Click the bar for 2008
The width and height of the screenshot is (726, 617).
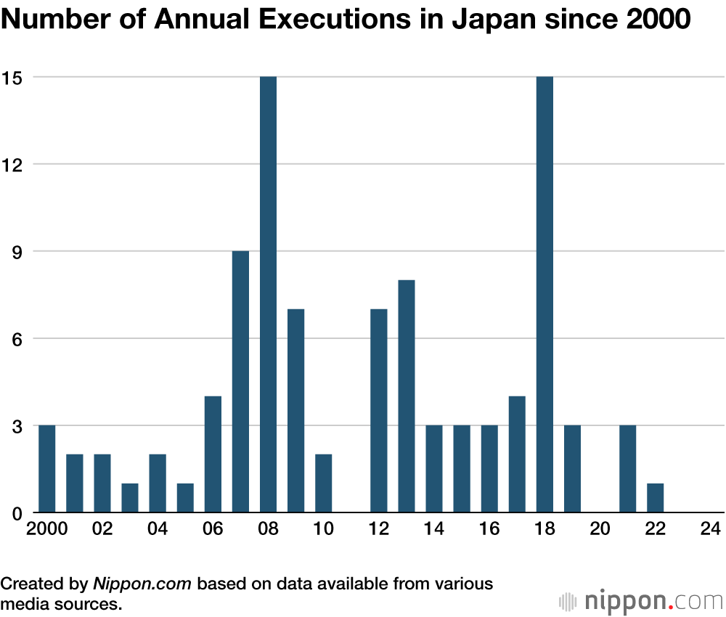click(x=268, y=295)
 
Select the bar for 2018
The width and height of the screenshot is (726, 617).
click(x=544, y=295)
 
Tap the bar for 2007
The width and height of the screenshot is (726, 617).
click(x=240, y=382)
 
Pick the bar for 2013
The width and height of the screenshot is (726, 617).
click(x=407, y=396)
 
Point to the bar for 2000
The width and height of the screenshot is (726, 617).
click(x=46, y=469)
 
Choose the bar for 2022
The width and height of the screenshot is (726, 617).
click(x=655, y=498)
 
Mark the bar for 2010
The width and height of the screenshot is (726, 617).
click(x=323, y=483)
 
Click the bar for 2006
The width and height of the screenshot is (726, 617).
click(x=213, y=454)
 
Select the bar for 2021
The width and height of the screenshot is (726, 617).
click(x=627, y=469)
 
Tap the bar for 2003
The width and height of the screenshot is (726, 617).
click(x=130, y=498)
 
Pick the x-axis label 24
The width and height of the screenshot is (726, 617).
click(x=710, y=529)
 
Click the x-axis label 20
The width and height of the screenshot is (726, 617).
click(x=600, y=529)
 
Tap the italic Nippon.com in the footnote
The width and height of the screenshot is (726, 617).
click(x=142, y=583)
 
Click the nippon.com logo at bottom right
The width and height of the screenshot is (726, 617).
click(x=642, y=601)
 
